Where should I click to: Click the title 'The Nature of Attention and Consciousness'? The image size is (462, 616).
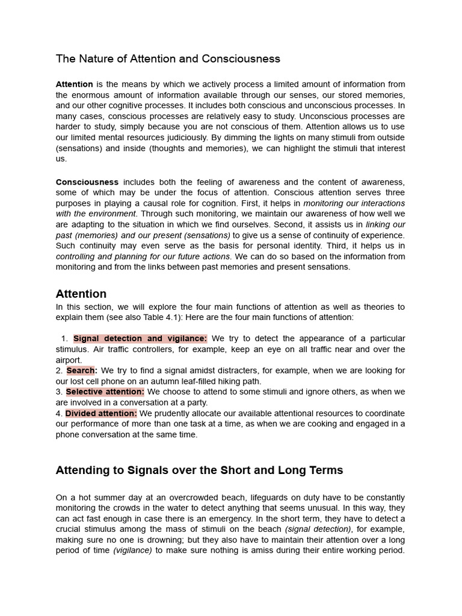(x=168, y=59)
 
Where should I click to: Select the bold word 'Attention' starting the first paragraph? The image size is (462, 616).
(x=74, y=84)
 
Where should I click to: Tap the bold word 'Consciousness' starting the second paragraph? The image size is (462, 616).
(x=87, y=182)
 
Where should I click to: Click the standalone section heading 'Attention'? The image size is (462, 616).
(x=81, y=294)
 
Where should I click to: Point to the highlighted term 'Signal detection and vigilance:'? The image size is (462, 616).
(x=140, y=339)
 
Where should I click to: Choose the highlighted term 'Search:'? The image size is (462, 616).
(x=81, y=371)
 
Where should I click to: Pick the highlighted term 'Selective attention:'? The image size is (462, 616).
(x=105, y=392)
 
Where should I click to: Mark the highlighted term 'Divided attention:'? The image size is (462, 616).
(x=101, y=413)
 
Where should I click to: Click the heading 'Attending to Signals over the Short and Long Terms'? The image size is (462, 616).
(x=199, y=470)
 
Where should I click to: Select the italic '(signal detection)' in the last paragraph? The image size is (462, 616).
(x=318, y=529)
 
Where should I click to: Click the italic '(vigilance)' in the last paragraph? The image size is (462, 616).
(x=132, y=550)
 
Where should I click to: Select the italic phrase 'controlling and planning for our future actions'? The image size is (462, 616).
(x=143, y=256)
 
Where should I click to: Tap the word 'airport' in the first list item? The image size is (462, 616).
(x=68, y=360)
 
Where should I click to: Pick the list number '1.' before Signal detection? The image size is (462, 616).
(x=65, y=339)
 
